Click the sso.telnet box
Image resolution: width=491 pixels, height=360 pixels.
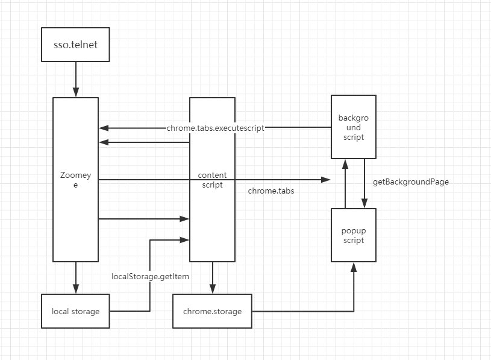(x=75, y=45)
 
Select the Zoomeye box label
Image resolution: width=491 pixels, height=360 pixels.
(x=75, y=180)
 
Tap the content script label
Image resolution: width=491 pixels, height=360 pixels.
(x=212, y=180)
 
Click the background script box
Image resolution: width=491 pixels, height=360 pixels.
(x=354, y=127)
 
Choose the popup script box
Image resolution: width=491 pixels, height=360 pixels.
(x=354, y=235)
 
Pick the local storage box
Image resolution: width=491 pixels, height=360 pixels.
(x=75, y=311)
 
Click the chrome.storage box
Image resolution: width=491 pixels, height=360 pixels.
(x=212, y=311)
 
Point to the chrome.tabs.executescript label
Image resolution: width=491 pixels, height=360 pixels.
(x=216, y=128)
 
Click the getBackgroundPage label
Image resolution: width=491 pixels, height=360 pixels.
(x=411, y=182)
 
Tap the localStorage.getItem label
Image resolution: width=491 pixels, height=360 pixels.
(x=150, y=276)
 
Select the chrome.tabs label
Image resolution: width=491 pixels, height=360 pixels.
(x=271, y=191)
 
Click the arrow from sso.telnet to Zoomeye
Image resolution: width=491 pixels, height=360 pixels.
(x=76, y=79)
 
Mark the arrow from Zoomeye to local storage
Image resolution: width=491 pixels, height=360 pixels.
(x=76, y=277)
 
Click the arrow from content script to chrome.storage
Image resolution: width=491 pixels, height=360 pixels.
(x=213, y=277)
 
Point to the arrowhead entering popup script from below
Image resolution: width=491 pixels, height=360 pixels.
(x=354, y=267)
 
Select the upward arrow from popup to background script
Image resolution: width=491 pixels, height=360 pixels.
(x=345, y=184)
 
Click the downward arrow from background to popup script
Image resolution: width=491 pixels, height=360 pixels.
(x=364, y=183)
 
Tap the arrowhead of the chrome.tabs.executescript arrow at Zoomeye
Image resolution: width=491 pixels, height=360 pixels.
(x=104, y=128)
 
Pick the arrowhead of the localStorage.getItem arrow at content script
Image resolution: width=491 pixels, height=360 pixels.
(x=184, y=240)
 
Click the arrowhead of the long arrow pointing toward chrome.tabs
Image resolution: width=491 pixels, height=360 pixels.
(x=326, y=180)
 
